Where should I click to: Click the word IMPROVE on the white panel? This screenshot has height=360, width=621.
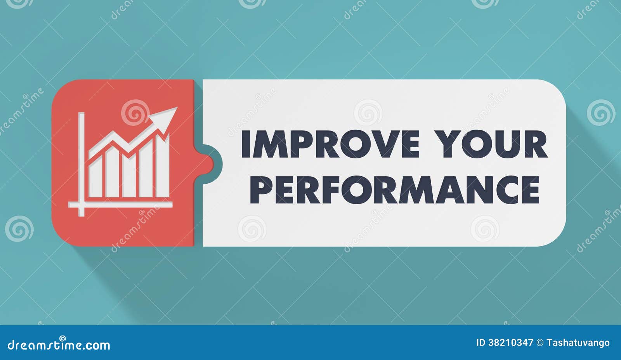pos(330,144)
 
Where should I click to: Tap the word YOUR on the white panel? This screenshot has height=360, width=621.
pos(491,144)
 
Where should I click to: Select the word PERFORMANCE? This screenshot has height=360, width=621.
pos(395,190)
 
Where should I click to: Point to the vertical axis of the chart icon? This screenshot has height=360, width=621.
pos(81,163)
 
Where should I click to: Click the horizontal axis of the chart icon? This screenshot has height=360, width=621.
pos(120,204)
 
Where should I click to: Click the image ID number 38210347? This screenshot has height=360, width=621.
pos(510,343)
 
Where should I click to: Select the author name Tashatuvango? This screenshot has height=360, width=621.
pos(578,343)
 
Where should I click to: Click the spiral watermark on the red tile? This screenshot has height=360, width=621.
pos(135,113)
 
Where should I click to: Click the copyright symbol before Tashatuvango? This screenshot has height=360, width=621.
pos(540,343)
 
